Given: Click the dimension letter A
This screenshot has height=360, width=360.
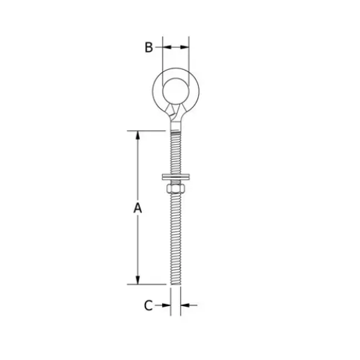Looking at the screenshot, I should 138,207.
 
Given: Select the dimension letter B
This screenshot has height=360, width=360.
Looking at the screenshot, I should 149,47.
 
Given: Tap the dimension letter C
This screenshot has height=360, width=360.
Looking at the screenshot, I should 149,304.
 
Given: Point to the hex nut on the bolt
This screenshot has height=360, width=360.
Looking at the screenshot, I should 175,187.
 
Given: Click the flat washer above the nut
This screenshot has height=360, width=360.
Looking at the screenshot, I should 175,178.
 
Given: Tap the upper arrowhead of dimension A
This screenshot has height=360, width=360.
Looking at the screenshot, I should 138,134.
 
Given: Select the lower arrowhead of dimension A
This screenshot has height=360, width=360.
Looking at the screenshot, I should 138,280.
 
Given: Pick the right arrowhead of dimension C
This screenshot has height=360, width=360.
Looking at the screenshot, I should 185,304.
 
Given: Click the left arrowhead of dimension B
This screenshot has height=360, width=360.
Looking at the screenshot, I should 165,47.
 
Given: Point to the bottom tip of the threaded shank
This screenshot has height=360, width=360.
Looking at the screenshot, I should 175,283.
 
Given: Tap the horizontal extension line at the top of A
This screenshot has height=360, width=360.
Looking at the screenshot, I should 149,130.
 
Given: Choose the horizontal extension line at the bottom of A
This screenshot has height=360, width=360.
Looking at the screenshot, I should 149,284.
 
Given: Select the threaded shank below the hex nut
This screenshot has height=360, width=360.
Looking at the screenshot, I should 175,235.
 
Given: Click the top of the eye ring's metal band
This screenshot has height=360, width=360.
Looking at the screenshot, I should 175,70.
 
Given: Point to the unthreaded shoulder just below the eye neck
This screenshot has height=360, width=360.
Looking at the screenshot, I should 175,128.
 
